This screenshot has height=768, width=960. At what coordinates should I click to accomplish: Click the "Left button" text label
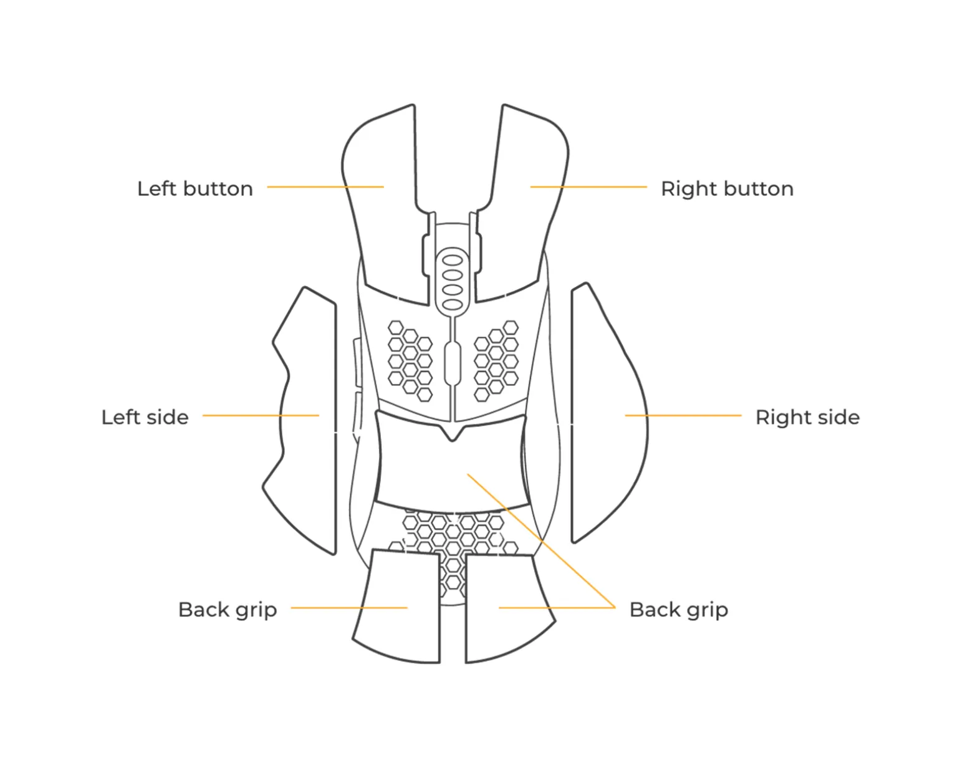[x=195, y=189]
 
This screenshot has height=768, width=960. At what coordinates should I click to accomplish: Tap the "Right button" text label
[x=727, y=189]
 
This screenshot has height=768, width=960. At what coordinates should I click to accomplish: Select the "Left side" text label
[x=145, y=418]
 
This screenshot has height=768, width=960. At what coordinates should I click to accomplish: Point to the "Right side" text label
[x=807, y=418]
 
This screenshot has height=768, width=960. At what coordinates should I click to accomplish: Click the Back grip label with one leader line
[x=228, y=610]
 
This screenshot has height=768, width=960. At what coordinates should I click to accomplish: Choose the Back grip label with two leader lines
[x=678, y=610]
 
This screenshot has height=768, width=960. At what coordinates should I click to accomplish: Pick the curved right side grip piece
[x=572, y=415]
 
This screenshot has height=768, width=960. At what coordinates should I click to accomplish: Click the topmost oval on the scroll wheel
[x=453, y=260]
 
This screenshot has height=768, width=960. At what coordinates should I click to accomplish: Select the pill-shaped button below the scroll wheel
[x=453, y=363]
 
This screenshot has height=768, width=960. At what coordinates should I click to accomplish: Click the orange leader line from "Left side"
[x=261, y=415]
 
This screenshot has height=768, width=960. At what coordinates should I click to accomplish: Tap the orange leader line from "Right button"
[x=588, y=187]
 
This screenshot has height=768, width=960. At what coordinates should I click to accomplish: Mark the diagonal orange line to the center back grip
[x=541, y=540]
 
